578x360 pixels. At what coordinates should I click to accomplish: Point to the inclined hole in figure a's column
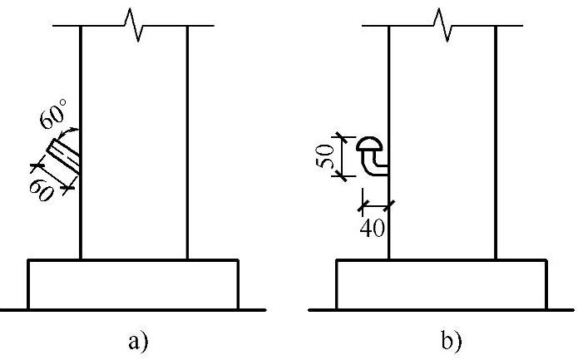coord(63,158)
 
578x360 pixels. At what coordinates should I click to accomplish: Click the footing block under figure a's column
coord(133,285)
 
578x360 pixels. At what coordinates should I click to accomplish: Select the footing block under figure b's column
coord(442,285)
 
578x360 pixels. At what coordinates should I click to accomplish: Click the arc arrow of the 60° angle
coord(70,131)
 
